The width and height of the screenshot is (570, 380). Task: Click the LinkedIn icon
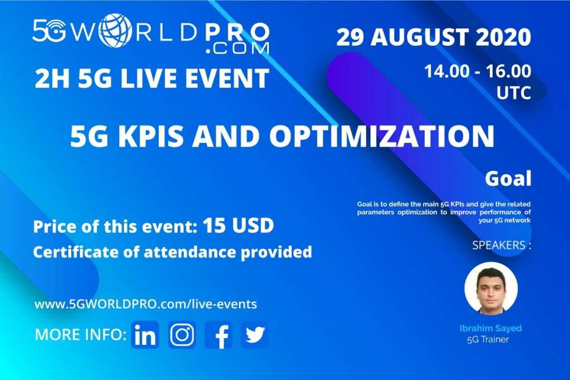click(x=145, y=335)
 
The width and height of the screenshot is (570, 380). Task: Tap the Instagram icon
click(x=182, y=335)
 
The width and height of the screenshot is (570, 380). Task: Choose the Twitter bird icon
click(x=255, y=335)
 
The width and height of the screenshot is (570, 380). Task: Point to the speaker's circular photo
click(x=490, y=288)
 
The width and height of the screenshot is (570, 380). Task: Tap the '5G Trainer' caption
click(x=488, y=339)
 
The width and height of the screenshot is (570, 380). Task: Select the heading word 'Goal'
click(x=508, y=179)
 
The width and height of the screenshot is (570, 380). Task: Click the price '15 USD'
click(x=238, y=226)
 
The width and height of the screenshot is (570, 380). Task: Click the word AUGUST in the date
click(x=418, y=38)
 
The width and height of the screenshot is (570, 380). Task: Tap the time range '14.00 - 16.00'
click(x=477, y=72)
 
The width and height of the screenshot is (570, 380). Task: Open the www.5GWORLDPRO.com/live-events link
click(x=146, y=304)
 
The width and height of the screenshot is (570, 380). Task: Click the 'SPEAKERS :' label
click(x=501, y=245)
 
